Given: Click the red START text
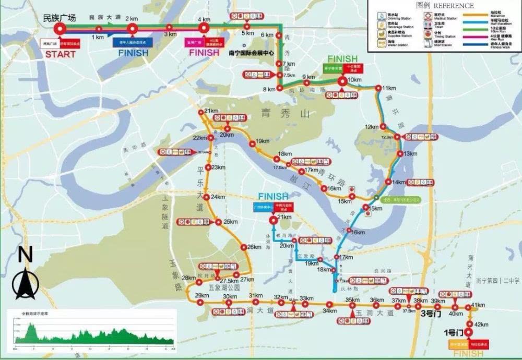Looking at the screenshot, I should (x=60, y=54).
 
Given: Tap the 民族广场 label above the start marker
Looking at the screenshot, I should (x=60, y=18).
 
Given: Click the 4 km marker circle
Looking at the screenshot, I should (x=204, y=29).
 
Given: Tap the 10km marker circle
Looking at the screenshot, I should (x=342, y=81).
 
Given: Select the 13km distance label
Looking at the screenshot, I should (x=410, y=154).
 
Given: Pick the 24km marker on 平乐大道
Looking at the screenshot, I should (x=206, y=197).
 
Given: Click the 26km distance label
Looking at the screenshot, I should (x=254, y=247).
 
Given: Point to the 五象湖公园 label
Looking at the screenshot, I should (x=223, y=287).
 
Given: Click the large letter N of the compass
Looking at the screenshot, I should (x=25, y=255).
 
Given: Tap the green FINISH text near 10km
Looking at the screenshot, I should (x=342, y=58).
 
